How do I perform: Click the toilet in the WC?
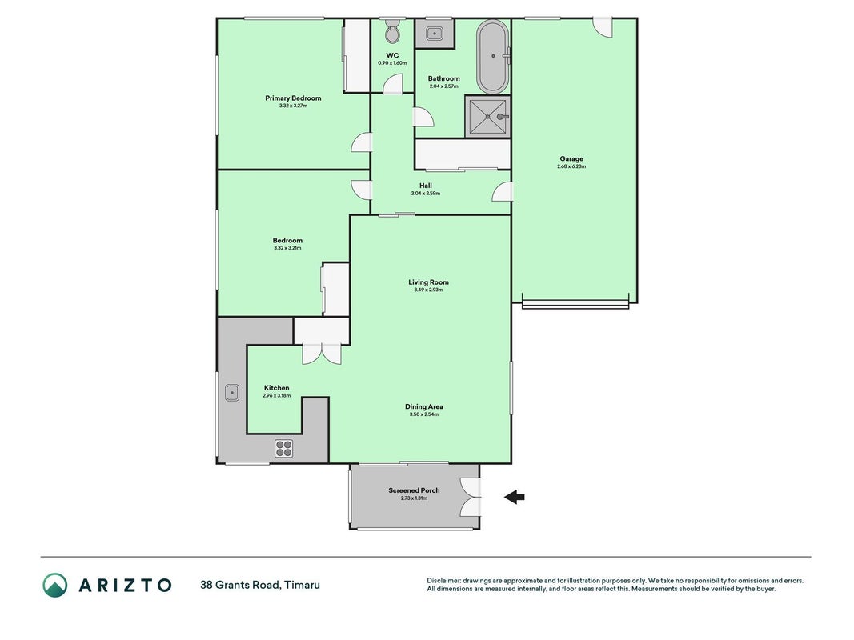392,32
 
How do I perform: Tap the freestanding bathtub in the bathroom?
492,57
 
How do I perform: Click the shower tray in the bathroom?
487,117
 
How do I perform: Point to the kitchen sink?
231,392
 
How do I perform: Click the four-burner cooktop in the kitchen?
284,449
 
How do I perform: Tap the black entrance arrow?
514,496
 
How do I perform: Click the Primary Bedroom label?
293,98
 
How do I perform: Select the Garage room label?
571,159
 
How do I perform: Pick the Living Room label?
429,282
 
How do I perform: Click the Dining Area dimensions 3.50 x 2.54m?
423,414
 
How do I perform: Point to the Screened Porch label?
414,490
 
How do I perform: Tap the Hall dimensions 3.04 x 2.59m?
425,193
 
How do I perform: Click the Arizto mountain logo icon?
55,585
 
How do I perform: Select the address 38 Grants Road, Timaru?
260,585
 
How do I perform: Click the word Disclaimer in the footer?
443,581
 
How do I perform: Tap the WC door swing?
393,84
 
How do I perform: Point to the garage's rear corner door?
603,27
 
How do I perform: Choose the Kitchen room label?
277,388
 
